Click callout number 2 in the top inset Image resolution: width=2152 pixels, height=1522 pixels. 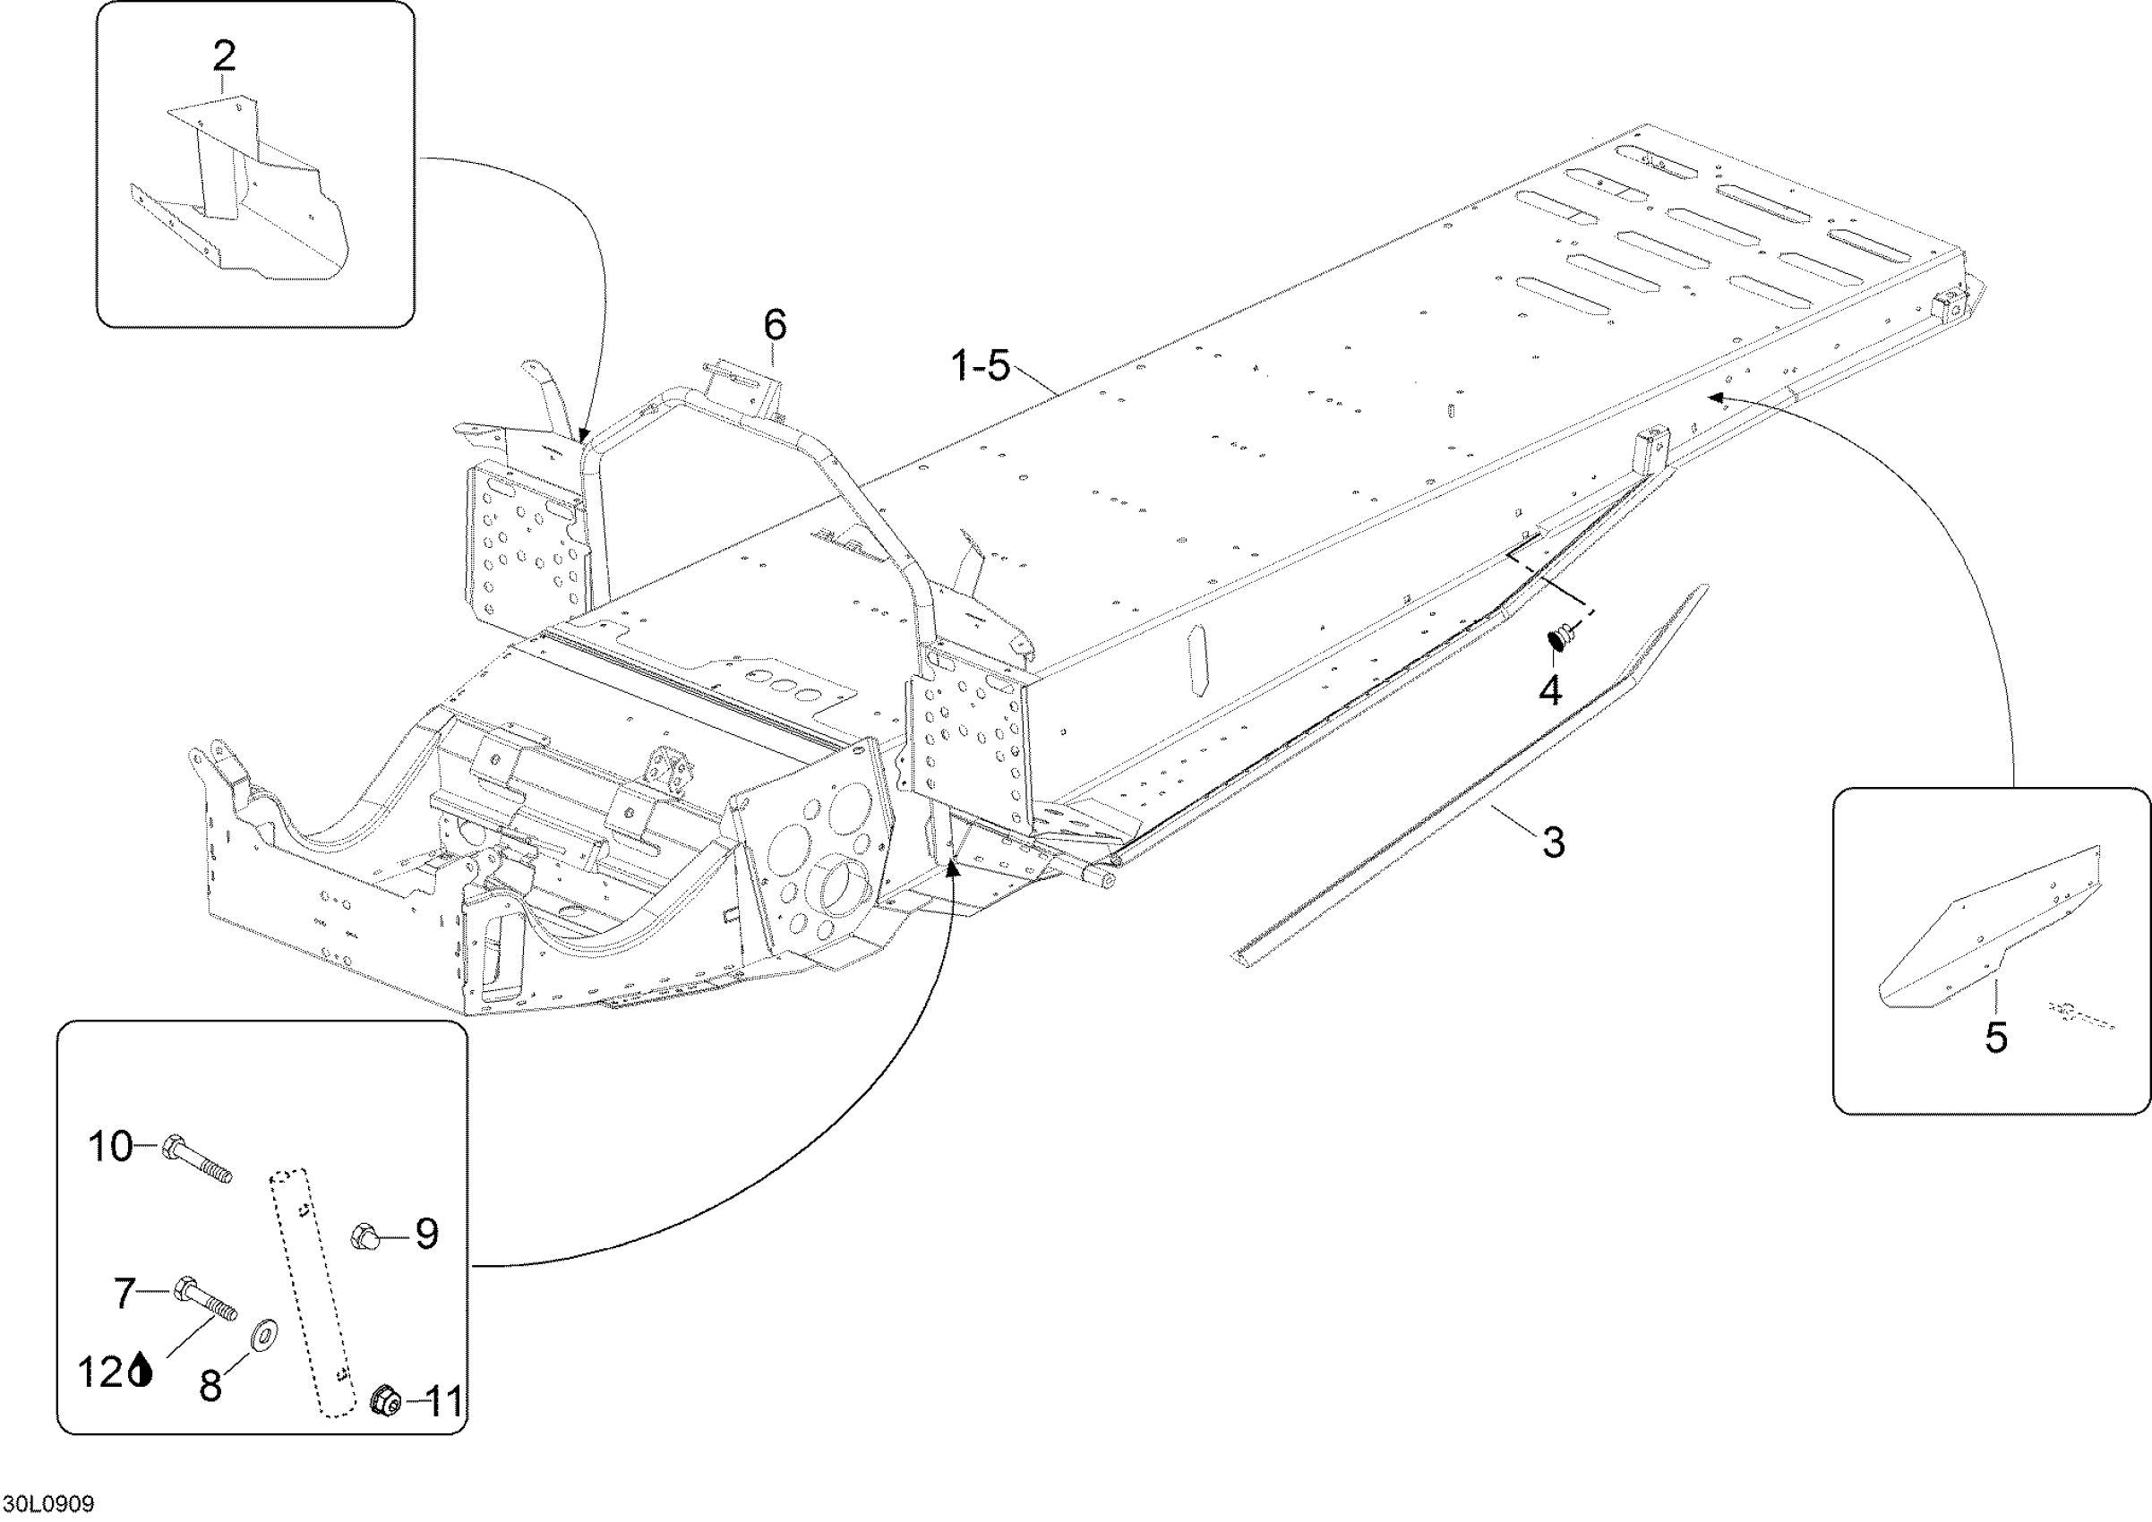224,58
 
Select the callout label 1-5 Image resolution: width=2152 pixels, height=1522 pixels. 981,365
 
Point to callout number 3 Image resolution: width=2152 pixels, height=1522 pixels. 1553,842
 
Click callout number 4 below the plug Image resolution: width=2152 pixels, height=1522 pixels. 1550,690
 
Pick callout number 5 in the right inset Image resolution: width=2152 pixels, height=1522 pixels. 1995,1038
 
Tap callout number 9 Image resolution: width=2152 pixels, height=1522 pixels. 426,1235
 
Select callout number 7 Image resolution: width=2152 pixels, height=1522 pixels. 125,1295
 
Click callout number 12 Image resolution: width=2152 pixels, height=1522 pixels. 100,1374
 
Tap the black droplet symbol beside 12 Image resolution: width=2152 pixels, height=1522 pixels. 141,1373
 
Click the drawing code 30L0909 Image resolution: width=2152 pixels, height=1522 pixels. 47,1504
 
